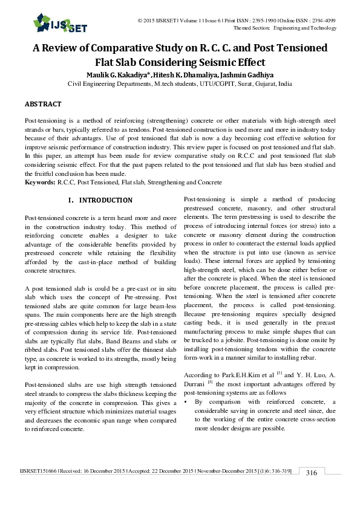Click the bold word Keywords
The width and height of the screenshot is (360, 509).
[39, 182]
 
